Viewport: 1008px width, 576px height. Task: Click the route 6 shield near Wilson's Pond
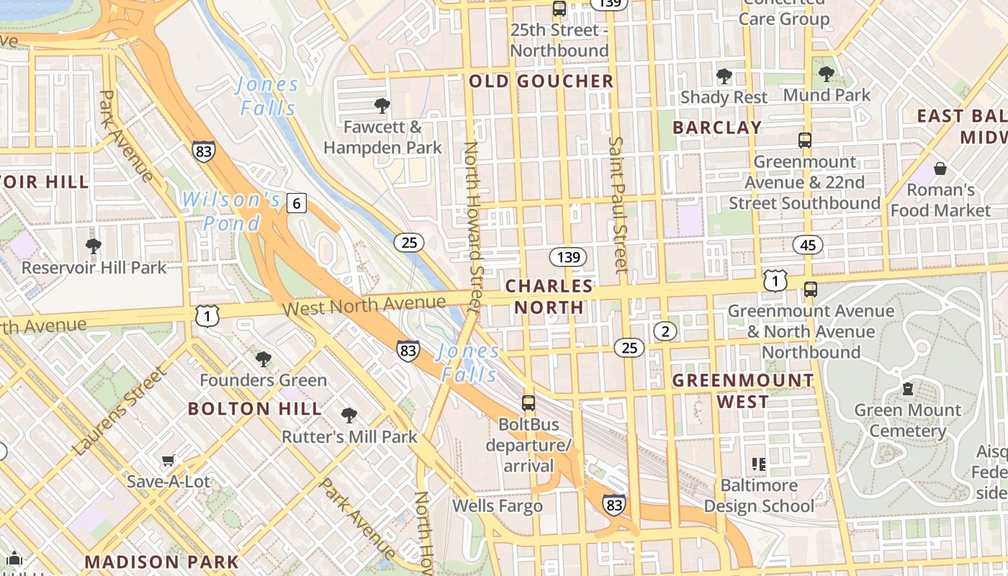[x=296, y=204]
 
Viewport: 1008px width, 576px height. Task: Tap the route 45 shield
[x=808, y=245]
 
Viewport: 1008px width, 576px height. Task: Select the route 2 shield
[x=665, y=331]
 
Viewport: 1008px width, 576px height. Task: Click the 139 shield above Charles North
[x=568, y=257]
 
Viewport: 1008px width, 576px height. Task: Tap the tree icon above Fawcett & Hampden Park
[x=382, y=107]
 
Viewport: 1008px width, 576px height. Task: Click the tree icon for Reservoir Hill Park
[x=93, y=246]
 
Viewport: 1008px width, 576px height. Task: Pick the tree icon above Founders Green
[x=264, y=359]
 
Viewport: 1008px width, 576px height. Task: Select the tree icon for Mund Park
[x=827, y=73]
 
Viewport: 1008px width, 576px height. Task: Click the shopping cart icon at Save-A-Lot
[x=168, y=460]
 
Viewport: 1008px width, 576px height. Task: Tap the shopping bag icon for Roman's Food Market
[x=940, y=168]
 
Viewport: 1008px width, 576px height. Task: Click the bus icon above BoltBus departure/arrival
[x=528, y=403]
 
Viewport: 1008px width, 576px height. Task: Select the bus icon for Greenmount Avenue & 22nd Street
[x=805, y=140]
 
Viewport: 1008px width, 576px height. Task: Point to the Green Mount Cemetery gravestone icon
[x=907, y=389]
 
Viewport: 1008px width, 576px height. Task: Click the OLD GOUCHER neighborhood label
[x=541, y=81]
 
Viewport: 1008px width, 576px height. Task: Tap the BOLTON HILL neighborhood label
[x=255, y=409]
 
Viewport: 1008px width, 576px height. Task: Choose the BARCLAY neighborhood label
[x=716, y=127]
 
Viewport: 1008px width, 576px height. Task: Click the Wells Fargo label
[x=497, y=506]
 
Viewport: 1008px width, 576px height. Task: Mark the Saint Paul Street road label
[x=618, y=205]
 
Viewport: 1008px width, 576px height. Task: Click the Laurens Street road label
[x=120, y=411]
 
